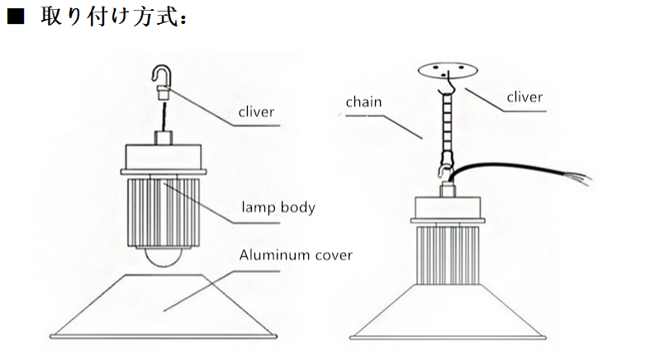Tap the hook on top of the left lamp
pos(163,77)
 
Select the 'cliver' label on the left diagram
pos(256,111)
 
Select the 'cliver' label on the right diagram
pos(524,97)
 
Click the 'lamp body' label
pos(278,207)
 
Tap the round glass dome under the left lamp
pos(164,257)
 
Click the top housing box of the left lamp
pos(164,155)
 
